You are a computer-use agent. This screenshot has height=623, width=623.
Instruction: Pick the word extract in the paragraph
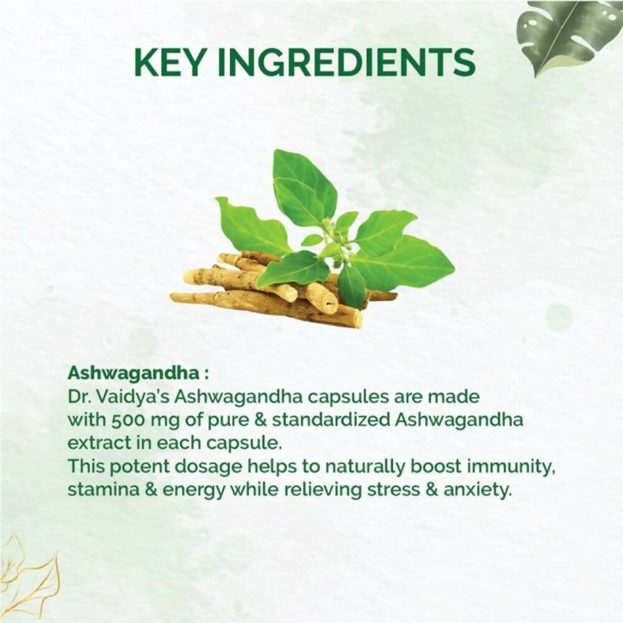(95, 443)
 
